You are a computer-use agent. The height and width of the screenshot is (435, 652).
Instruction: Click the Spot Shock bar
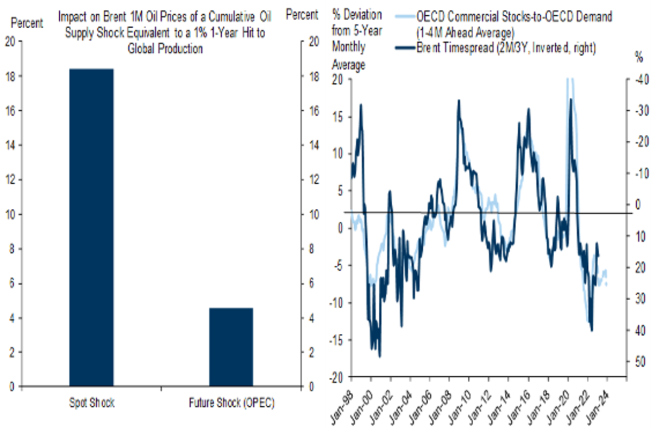tap(92, 228)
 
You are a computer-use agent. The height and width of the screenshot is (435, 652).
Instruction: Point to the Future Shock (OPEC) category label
tap(231, 403)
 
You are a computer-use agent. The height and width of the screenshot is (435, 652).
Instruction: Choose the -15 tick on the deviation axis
tap(340, 340)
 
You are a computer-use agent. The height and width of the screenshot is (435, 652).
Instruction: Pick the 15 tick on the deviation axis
tap(341, 116)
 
